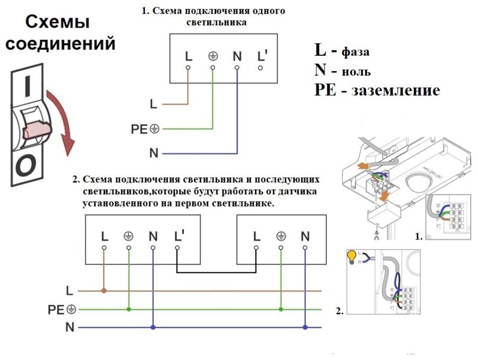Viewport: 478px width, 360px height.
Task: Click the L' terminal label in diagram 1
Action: click(x=261, y=55)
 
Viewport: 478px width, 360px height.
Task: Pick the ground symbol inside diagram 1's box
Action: click(x=212, y=56)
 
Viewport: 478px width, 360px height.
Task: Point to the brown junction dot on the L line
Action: click(x=104, y=291)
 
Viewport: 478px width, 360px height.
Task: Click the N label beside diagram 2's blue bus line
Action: click(x=70, y=327)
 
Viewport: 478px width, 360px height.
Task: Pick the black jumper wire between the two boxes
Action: click(x=217, y=273)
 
